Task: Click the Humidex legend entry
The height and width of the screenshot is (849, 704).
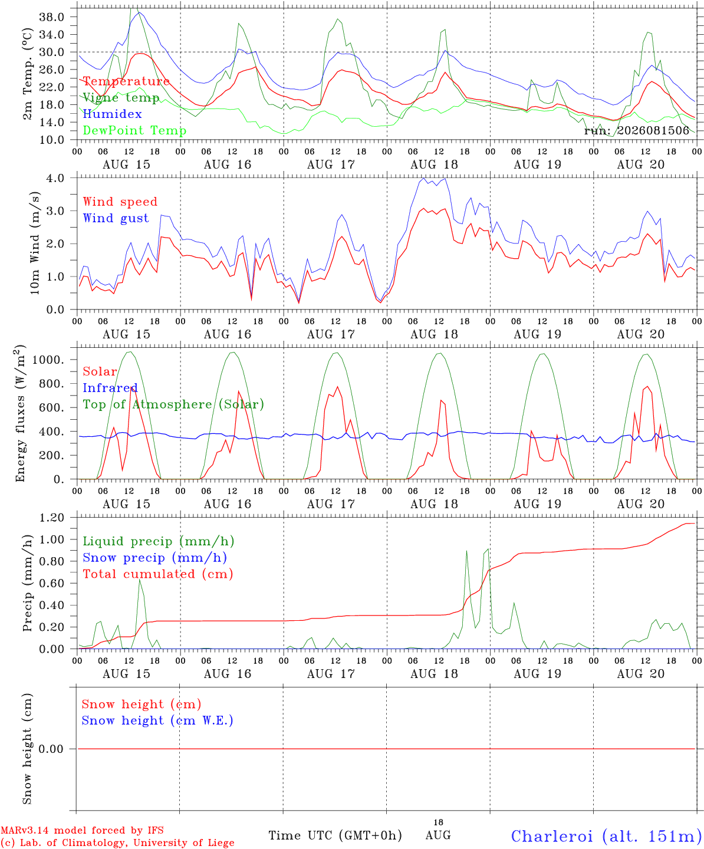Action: (112, 114)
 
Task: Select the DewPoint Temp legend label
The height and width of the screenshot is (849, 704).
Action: (134, 130)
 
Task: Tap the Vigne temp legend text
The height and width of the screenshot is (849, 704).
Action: (121, 98)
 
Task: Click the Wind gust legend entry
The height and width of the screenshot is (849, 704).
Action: (116, 218)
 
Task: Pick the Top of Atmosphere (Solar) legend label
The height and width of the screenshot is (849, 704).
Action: (174, 404)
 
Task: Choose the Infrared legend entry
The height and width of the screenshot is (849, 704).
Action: (110, 388)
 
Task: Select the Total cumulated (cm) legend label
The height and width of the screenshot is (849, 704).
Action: (158, 574)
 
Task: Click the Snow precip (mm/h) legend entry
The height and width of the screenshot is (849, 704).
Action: (155, 558)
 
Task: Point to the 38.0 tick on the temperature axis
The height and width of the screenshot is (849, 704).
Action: (52, 17)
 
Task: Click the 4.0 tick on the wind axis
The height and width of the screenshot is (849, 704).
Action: (55, 178)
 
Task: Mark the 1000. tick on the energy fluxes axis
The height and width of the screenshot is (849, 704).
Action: (48, 360)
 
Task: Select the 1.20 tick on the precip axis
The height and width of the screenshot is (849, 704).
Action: (52, 518)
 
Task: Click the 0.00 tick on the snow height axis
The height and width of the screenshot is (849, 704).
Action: (51, 749)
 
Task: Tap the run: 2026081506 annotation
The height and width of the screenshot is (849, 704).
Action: (636, 130)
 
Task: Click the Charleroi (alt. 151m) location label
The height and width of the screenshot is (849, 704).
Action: (604, 836)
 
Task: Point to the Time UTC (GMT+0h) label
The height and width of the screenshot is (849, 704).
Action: (335, 835)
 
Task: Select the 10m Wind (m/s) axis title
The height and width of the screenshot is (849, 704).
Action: (35, 243)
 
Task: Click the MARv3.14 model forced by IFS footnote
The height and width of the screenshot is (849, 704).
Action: (82, 830)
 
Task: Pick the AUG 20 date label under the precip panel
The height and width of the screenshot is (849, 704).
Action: (640, 674)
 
